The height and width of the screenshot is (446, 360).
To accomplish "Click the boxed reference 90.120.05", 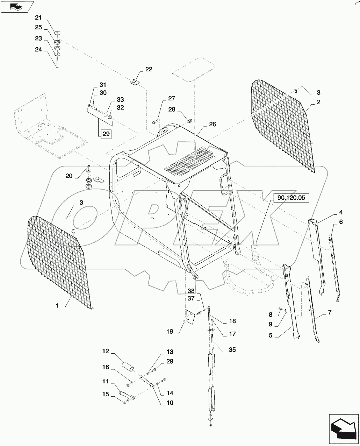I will [291, 198].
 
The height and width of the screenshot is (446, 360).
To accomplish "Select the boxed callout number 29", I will [106, 133].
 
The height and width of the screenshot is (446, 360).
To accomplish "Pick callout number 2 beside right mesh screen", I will [318, 102].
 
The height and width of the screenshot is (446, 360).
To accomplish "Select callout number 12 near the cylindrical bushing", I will [106, 351].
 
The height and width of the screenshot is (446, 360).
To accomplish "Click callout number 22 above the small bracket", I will [149, 69].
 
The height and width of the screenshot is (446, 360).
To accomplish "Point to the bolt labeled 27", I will [156, 122].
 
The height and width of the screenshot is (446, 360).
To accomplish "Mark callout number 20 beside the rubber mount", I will [69, 176].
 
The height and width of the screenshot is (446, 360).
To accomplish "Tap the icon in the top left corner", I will [17, 6].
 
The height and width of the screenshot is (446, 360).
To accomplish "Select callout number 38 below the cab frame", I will [190, 291].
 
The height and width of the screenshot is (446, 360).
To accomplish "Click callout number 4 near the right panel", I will [340, 212].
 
